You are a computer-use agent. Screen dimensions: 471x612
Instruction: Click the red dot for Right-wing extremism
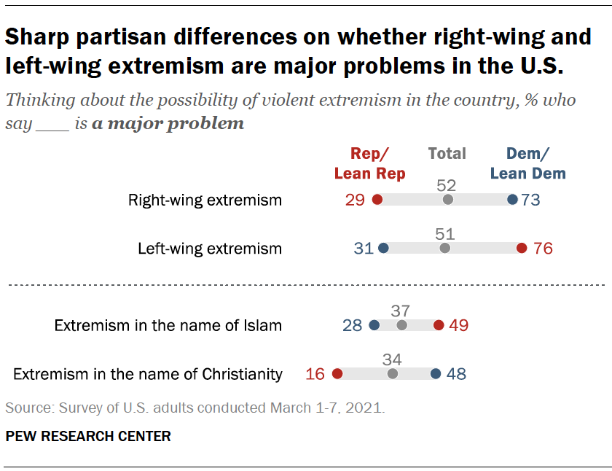(377, 200)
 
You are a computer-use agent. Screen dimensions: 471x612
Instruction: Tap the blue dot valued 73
(512, 200)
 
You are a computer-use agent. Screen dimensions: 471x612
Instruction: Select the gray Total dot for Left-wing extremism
(445, 249)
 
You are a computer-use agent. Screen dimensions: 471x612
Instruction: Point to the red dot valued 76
(521, 249)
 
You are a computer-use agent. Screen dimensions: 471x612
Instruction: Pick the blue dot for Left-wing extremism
(384, 249)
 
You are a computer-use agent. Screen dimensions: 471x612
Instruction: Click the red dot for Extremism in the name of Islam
(438, 325)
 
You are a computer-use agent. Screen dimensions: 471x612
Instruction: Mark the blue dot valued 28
(374, 325)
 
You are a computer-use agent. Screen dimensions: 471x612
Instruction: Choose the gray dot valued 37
(401, 325)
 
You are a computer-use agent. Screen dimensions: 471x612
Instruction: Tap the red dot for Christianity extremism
(337, 374)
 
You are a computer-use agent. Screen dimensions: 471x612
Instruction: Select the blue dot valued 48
(435, 374)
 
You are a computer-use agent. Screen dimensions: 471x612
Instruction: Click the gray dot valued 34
(393, 374)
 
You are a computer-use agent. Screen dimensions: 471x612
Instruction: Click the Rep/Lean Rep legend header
(369, 163)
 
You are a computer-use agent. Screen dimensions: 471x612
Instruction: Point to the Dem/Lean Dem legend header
(528, 163)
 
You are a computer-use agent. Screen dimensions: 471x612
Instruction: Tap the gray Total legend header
(447, 154)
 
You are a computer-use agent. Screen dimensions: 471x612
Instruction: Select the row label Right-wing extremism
(205, 200)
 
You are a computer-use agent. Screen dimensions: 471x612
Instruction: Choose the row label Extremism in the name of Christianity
(148, 375)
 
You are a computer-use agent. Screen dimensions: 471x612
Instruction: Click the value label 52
(447, 184)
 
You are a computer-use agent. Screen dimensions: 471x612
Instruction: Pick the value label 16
(315, 375)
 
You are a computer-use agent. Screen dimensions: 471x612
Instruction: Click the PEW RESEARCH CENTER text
(88, 437)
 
